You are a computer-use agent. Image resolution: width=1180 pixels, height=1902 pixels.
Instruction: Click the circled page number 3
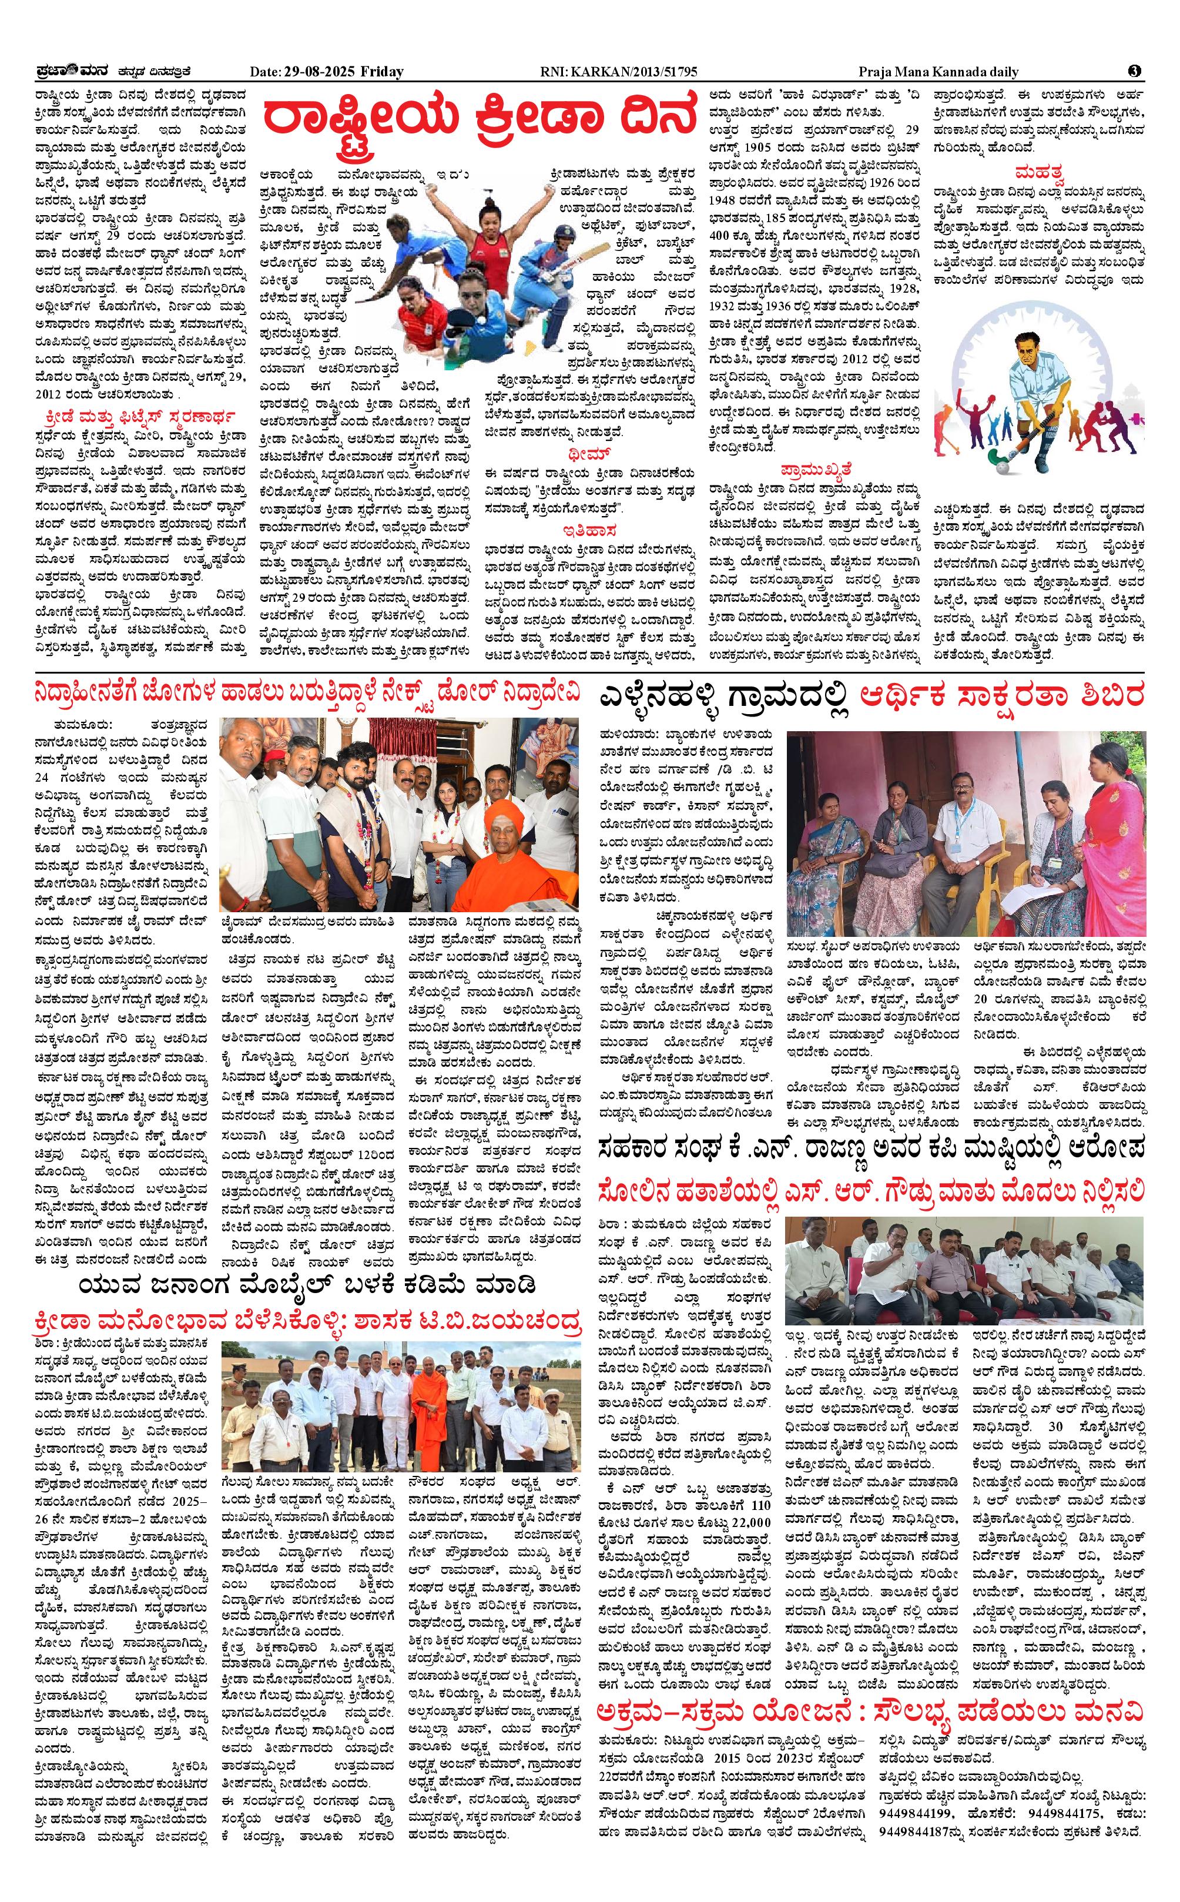click(1135, 71)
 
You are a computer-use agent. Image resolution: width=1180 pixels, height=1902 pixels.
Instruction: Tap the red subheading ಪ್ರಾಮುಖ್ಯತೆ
click(816, 469)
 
